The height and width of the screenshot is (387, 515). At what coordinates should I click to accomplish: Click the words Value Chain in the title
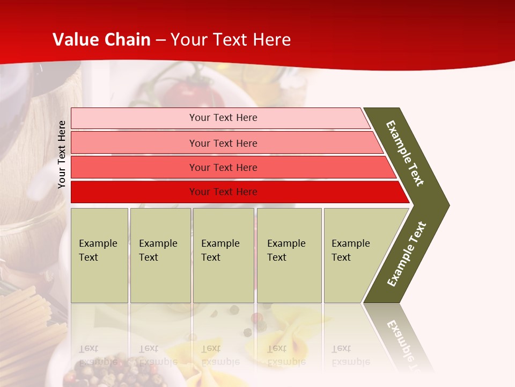tap(101, 40)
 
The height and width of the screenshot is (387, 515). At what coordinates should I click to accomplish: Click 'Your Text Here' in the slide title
tap(231, 40)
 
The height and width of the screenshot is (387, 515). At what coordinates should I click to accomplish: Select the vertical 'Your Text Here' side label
tap(62, 154)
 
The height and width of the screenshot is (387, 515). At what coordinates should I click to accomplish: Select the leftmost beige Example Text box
tap(99, 255)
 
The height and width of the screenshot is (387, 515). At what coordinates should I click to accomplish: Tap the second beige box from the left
tap(160, 255)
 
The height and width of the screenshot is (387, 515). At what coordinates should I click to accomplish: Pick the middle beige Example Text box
tap(223, 255)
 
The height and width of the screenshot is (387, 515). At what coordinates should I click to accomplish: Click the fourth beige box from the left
tap(289, 255)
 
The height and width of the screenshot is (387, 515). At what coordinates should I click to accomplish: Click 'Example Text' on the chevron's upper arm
tap(405, 153)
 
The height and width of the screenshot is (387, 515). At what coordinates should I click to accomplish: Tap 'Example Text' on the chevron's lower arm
tap(407, 254)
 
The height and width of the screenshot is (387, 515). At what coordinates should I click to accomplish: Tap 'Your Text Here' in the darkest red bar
tap(223, 192)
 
